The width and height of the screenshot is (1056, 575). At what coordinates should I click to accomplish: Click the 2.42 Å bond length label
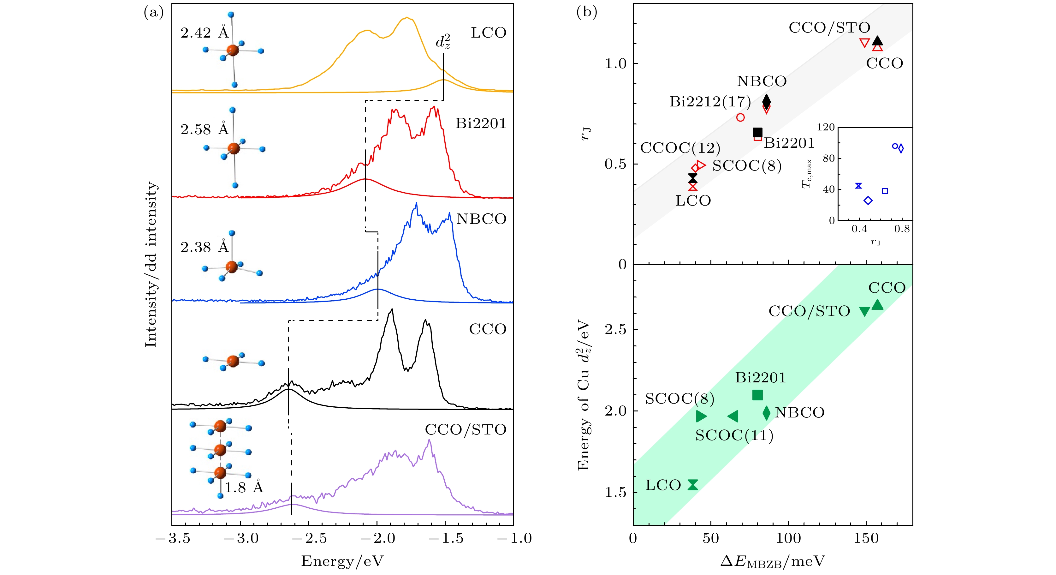tap(204, 33)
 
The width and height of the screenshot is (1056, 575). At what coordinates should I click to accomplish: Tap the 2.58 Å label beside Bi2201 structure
tap(204, 129)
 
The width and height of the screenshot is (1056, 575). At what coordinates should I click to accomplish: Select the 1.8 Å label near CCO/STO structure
tap(244, 487)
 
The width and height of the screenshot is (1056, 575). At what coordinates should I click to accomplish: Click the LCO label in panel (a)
tap(488, 33)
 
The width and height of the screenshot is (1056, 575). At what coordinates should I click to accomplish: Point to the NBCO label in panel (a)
tap(481, 219)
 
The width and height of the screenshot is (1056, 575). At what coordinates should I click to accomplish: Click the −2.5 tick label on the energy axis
tap(310, 538)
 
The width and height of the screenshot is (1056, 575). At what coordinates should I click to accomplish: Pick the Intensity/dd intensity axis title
tap(151, 265)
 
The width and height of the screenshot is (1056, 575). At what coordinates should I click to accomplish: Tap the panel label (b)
tap(587, 12)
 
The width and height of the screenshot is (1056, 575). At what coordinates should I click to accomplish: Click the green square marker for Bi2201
tap(757, 395)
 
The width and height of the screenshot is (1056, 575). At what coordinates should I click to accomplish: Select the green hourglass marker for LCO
tap(693, 485)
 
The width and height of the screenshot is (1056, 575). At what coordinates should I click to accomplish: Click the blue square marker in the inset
tap(885, 191)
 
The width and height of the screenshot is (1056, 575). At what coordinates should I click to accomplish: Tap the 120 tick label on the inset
tap(826, 127)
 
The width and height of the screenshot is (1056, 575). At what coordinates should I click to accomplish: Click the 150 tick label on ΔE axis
tap(866, 538)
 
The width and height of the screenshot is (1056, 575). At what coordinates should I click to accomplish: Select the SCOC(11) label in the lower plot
tap(734, 435)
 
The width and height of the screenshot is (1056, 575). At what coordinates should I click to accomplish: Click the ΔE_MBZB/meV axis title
tap(772, 561)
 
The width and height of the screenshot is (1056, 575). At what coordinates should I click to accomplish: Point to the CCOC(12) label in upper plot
tap(680, 148)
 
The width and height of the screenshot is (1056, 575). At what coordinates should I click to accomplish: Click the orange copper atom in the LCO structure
tap(232, 51)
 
